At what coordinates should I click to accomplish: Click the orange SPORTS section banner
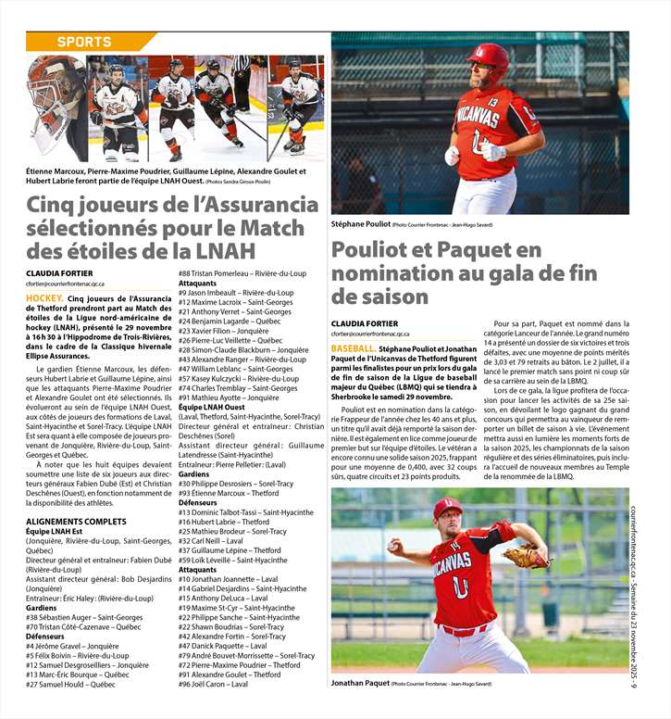pos(84,42)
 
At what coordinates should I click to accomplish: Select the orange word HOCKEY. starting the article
pos(44,298)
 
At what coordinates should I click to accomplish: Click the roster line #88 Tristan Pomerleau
pos(242,273)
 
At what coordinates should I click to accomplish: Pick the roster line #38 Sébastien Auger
pos(84,617)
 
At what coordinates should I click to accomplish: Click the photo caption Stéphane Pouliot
pos(360,224)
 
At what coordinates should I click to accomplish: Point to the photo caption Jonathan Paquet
pos(360,683)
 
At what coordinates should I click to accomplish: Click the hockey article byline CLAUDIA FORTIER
pos(57,271)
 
